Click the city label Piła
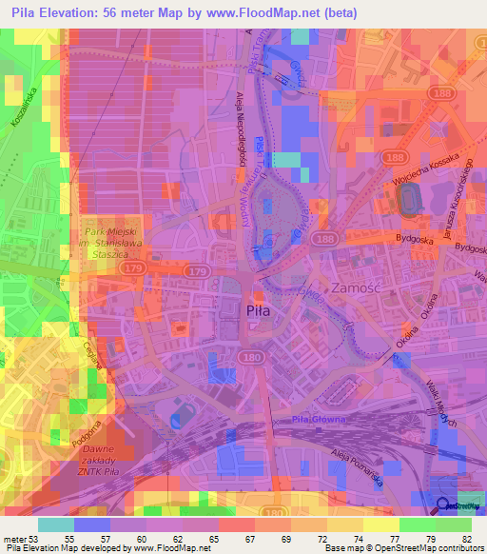pos(258,310)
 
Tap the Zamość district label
pos(355,287)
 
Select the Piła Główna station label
pos(317,420)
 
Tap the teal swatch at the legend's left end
pos(56,524)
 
